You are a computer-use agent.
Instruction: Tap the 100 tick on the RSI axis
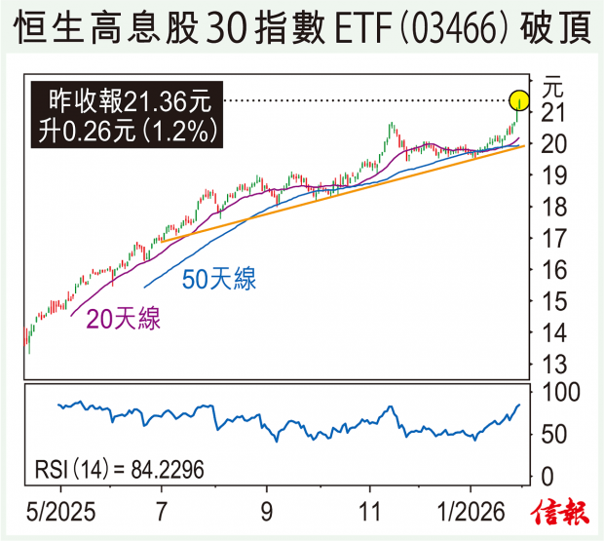click(561, 392)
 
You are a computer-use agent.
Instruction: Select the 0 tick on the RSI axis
click(549, 476)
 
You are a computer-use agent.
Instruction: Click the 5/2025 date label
click(60, 511)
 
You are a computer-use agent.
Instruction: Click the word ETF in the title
click(342, 29)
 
